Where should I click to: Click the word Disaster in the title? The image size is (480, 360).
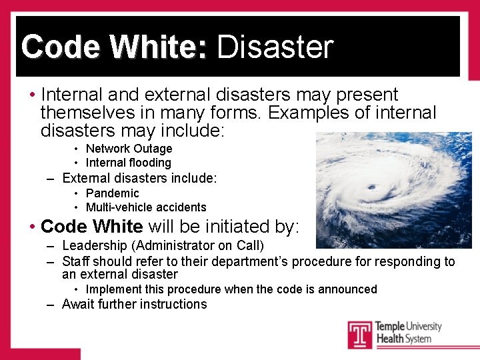[x=275, y=47]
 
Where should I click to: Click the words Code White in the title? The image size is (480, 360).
[x=114, y=47]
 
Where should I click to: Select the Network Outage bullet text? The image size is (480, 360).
[x=129, y=149]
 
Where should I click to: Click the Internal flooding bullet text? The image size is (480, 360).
[x=128, y=163]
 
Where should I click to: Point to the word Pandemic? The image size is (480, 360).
[x=112, y=193]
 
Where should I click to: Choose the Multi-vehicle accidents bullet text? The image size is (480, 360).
[x=146, y=207]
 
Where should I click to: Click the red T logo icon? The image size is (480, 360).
[x=360, y=335]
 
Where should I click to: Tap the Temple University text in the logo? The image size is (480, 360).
[x=408, y=327]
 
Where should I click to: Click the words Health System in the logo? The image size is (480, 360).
[x=403, y=339]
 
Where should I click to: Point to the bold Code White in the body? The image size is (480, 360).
[x=91, y=227]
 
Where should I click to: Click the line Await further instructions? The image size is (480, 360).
[x=134, y=305]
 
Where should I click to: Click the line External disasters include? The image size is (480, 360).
[x=139, y=178]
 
